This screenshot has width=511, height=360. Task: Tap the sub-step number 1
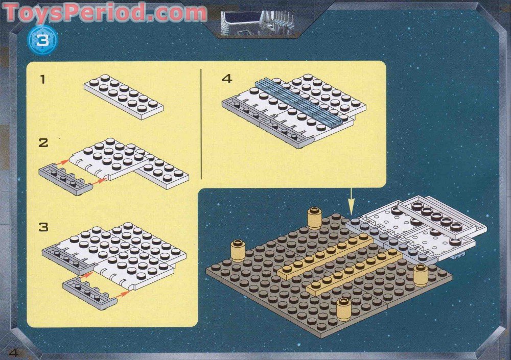(x=43, y=79)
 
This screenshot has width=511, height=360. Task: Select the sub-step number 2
(x=43, y=142)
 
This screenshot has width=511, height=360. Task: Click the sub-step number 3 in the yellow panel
(x=43, y=226)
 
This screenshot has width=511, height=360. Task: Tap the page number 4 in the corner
(x=13, y=352)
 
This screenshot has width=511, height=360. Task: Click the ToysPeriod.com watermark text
(x=105, y=12)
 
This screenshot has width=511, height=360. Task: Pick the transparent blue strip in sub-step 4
(x=299, y=103)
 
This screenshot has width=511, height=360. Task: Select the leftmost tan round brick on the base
(x=238, y=250)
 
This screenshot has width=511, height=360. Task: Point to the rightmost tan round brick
(x=420, y=276)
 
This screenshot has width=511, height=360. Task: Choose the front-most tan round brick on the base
(x=343, y=309)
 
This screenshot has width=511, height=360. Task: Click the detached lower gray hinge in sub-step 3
(x=90, y=293)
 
